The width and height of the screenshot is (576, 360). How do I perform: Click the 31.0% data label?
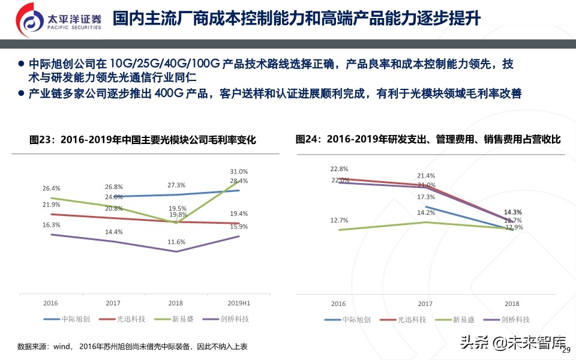(239, 172)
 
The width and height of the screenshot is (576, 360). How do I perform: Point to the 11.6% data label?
(176, 242)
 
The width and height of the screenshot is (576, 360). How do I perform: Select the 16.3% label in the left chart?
(52, 225)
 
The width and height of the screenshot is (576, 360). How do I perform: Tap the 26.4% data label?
(52, 188)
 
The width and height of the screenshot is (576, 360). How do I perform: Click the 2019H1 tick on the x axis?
(239, 304)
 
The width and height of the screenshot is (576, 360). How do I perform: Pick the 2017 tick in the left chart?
(114, 304)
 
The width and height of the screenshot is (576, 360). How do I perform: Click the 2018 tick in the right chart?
(512, 304)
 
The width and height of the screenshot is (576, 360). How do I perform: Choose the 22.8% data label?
(339, 169)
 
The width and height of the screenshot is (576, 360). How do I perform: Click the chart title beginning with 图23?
(143, 140)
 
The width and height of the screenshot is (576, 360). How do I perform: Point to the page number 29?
(565, 351)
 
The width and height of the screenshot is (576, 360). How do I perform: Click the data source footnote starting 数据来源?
(132, 347)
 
